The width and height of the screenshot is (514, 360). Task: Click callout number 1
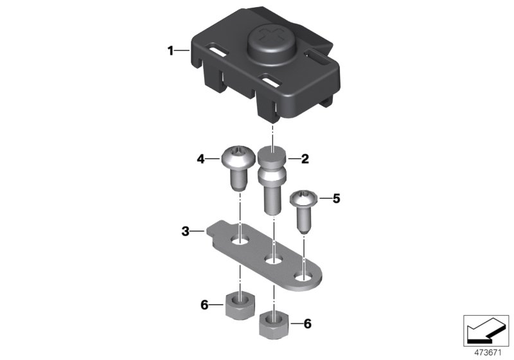[x=170, y=51]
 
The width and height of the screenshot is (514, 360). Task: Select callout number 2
[x=305, y=159]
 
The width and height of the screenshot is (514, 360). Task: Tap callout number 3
[x=186, y=231]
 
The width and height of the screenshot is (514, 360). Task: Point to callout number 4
[x=200, y=159]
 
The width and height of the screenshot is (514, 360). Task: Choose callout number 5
[x=337, y=199]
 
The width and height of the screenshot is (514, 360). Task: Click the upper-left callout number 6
[x=204, y=305]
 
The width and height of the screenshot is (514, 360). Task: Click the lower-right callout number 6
[x=308, y=324]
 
